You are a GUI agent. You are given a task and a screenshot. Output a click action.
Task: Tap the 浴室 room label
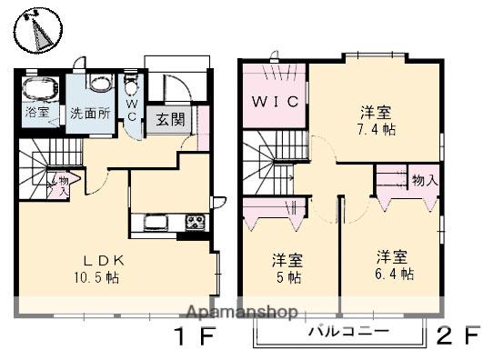tap(37, 115)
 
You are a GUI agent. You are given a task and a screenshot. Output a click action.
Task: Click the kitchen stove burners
tap(195, 222)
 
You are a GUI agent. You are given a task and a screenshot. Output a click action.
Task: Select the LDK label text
tap(88, 258)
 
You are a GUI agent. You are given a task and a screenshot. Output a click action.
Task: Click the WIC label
tap(274, 102)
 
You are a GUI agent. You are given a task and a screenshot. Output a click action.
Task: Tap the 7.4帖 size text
tap(375, 129)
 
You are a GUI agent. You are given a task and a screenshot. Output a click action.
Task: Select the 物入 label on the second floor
tap(424, 181)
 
